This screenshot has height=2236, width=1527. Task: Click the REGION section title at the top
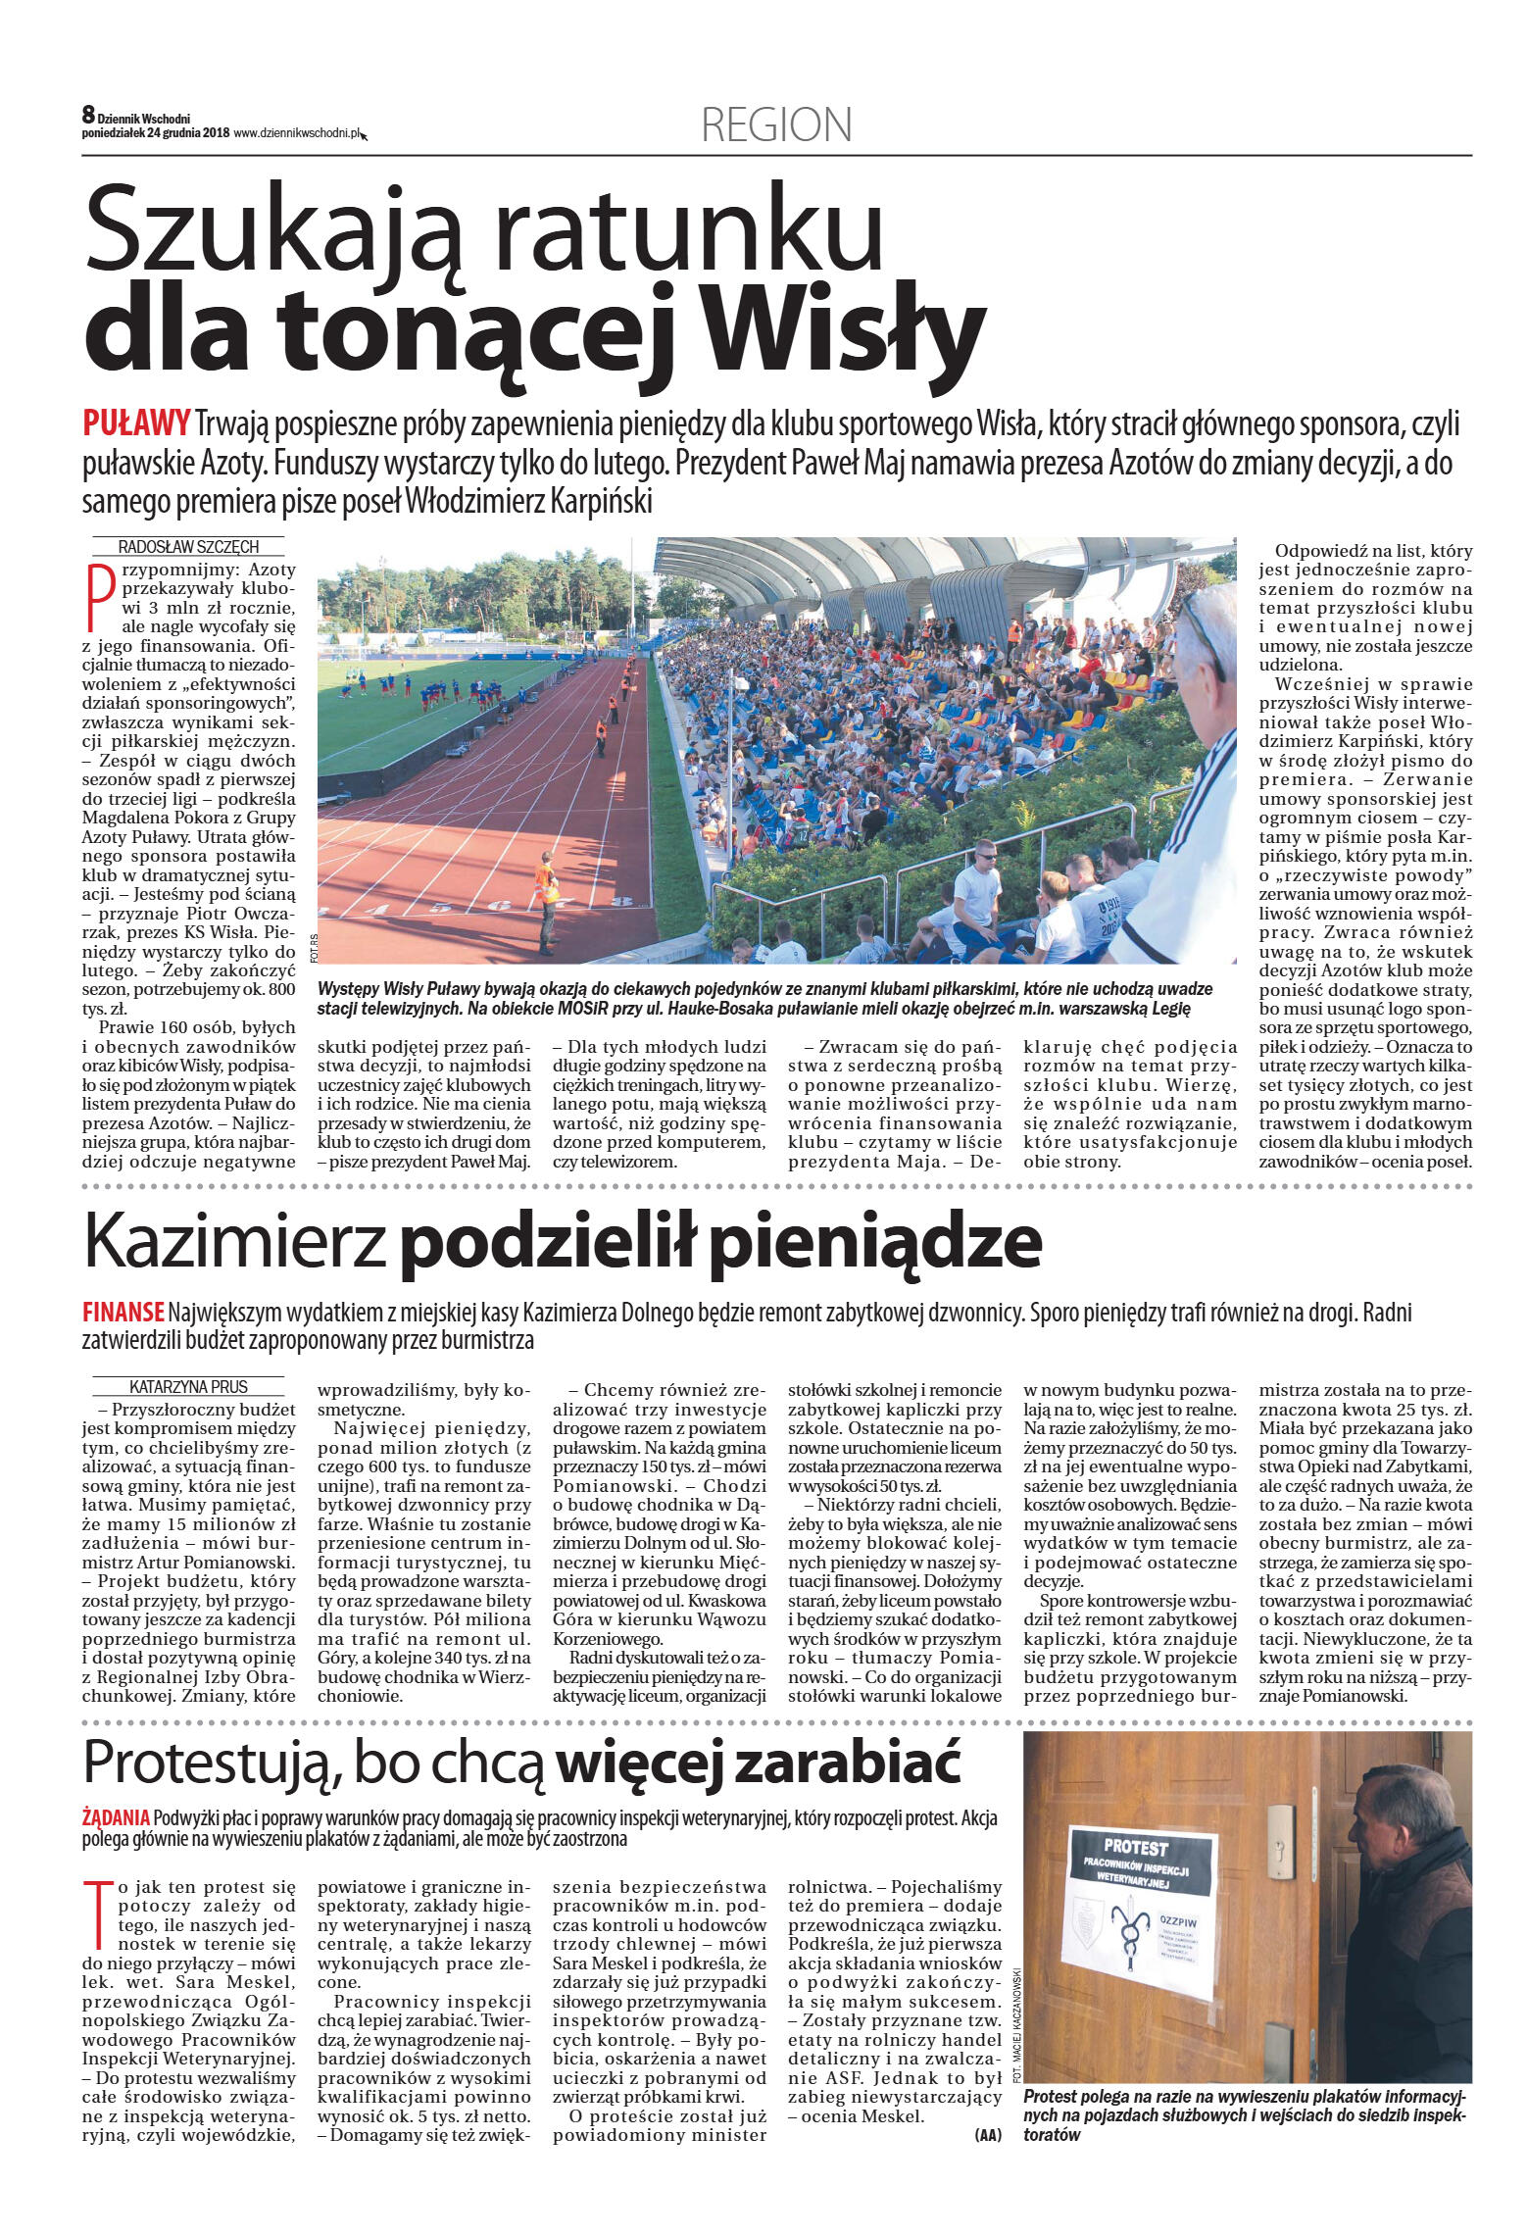tap(776, 125)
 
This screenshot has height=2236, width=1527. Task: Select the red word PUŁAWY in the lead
tap(136, 424)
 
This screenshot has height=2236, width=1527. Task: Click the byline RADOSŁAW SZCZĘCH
tap(188, 547)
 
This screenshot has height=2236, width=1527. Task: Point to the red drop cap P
tap(99, 596)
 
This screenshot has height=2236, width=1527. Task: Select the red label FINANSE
tap(123, 1312)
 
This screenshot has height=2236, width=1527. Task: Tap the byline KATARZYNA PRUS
tap(188, 1386)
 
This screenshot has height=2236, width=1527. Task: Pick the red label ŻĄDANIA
tap(116, 1817)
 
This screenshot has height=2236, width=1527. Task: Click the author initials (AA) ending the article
tap(988, 2134)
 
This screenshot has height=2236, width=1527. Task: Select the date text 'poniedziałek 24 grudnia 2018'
tap(156, 134)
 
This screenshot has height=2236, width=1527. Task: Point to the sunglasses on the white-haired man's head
tap(1202, 627)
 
